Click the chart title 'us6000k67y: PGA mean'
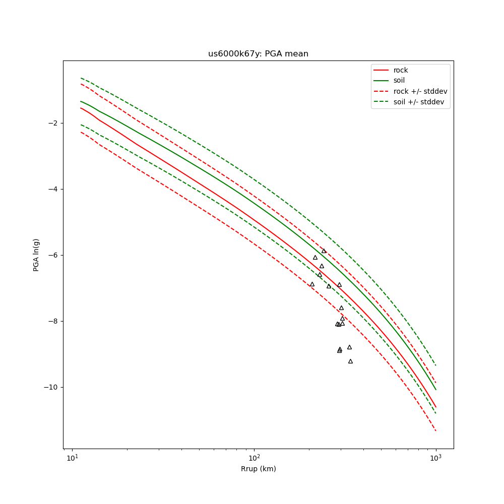[258, 54]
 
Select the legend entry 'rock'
[401, 70]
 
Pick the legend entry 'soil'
[399, 81]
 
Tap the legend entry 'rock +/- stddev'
[420, 91]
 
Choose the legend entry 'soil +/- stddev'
[420, 102]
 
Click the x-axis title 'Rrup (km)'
[258, 469]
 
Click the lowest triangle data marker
[350, 361]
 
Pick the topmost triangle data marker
[324, 251]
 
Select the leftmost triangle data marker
[312, 284]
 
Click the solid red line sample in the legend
[381, 70]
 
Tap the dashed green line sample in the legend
[381, 102]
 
